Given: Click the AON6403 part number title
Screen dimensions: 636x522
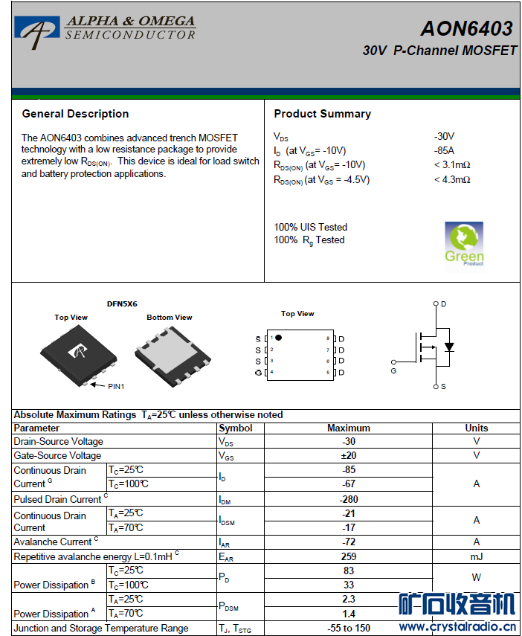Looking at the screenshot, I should pos(466,28).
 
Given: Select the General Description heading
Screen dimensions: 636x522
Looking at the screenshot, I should pos(75,114).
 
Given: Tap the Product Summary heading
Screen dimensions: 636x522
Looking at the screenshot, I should pos(322,114).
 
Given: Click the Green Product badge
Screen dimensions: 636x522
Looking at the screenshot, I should pos(464,244).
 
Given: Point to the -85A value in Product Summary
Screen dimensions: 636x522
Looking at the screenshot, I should pos(445,150).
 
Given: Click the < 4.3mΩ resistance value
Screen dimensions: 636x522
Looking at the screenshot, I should pos(452,179).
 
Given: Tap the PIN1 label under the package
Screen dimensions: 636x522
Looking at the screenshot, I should pos(117,386).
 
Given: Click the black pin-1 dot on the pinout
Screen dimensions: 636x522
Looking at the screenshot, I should pos(278,338).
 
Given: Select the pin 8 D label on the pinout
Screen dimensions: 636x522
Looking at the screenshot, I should pos(341,338).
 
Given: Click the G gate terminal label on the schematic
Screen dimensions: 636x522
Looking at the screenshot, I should pos(393,370).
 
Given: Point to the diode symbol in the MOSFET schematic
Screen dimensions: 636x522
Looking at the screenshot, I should pos(448,347).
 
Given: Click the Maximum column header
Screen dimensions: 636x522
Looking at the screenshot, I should pos(348,428).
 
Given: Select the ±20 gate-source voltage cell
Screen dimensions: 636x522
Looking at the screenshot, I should pos(348,455).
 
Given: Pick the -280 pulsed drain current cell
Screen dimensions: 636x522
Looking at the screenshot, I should pos(348,499).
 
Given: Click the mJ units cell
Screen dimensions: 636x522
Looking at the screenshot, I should pos(476,556).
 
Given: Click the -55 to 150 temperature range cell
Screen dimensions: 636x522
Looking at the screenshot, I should pos(348,628).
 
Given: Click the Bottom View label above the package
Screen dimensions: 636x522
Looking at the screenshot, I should pos(169,318).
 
